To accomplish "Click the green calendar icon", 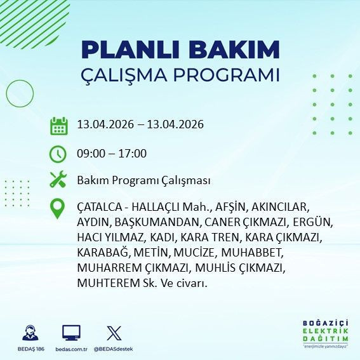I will [x=58, y=125].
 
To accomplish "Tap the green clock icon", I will [x=58, y=154].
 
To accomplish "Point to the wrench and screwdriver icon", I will [x=58, y=180].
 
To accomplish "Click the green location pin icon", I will [x=58, y=209].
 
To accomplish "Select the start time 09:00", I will [x=90, y=154].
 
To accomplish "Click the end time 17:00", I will [x=133, y=154].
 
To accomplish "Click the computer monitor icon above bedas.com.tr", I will [x=71, y=333].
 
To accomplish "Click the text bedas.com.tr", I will [x=71, y=349].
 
